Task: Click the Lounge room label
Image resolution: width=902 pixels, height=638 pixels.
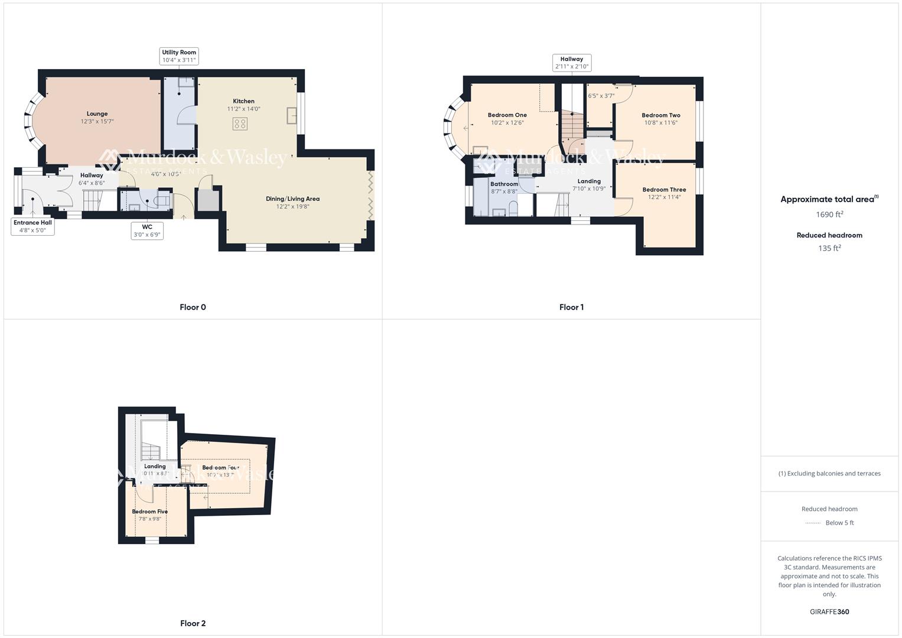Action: tap(97, 114)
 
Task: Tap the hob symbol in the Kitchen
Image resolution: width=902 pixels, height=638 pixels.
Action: tap(240, 124)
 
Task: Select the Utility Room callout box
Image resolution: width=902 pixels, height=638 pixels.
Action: tap(179, 56)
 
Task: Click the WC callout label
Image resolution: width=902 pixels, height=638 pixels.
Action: tap(147, 230)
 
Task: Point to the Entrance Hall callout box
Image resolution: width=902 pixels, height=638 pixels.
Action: tap(33, 226)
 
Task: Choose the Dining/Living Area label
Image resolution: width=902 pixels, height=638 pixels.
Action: tap(292, 199)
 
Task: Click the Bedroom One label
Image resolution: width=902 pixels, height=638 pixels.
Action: tap(507, 115)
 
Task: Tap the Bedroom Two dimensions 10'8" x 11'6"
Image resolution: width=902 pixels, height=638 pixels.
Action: tap(660, 123)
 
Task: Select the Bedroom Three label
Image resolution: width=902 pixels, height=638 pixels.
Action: tap(664, 190)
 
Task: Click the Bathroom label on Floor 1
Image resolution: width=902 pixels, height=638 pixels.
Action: tap(504, 184)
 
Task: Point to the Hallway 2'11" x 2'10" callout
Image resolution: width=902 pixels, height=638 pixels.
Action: tap(571, 63)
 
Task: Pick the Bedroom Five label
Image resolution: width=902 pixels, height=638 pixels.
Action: tap(149, 512)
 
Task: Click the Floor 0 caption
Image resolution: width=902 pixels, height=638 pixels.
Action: tap(193, 307)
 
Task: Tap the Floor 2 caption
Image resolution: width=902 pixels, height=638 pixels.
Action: tap(193, 623)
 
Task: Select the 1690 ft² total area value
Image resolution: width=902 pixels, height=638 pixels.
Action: tap(829, 214)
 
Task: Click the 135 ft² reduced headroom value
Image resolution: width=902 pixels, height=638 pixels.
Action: tap(829, 248)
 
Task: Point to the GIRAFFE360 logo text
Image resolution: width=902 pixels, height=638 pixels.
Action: tap(829, 611)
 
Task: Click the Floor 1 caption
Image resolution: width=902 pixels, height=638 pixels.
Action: tap(571, 307)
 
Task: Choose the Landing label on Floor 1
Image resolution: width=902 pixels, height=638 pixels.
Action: tap(589, 181)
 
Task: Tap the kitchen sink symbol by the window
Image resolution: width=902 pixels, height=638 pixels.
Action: tap(292, 115)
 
